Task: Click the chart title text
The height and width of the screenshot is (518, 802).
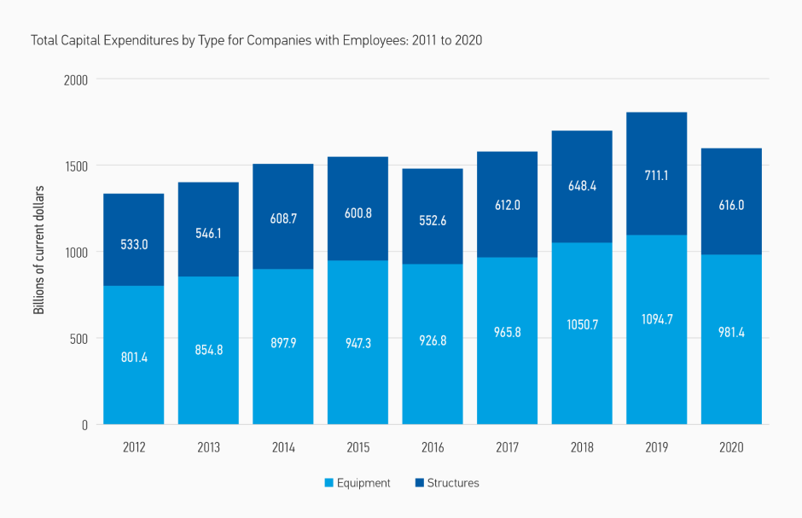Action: (257, 40)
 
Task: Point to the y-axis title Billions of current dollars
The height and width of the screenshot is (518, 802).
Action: (38, 252)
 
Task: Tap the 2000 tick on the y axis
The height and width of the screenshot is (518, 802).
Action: (76, 79)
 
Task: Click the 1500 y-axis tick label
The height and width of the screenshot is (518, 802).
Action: (76, 166)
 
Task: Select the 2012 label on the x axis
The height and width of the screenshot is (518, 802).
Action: (133, 448)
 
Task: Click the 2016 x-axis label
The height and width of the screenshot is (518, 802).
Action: (433, 448)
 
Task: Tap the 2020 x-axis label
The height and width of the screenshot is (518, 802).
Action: (731, 448)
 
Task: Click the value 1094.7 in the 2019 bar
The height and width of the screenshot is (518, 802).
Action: (656, 320)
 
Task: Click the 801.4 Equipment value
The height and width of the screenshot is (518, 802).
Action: (133, 358)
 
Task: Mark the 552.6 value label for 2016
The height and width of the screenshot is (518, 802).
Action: (433, 220)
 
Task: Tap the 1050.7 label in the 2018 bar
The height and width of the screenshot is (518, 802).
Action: (582, 324)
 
